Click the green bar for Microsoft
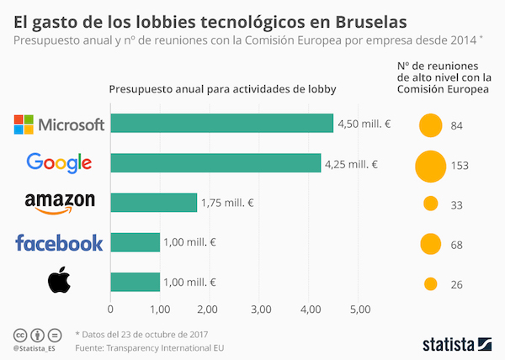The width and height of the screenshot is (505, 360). tap(222, 124)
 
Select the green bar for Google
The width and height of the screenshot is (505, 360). tap(215, 163)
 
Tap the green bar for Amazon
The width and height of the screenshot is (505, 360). tap(154, 203)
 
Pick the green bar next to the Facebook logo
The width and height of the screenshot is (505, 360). tap(135, 242)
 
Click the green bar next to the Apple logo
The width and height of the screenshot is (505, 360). tap(135, 282)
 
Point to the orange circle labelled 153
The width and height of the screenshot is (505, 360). tap(430, 165)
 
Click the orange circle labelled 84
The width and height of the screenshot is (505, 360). tap(431, 125)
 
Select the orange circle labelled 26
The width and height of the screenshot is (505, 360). tap(431, 284)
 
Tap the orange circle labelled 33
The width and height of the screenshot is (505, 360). tap(431, 204)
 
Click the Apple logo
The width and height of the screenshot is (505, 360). tap(58, 281)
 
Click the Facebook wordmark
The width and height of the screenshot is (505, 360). tap(59, 243)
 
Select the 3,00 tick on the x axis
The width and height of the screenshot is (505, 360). tap(260, 310)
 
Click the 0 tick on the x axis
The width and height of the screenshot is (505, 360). tap(110, 310)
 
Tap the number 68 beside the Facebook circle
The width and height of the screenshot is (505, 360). tap(458, 245)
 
